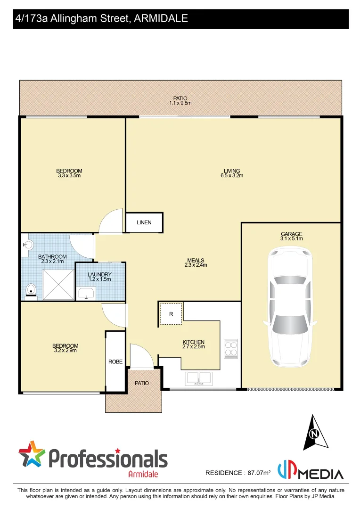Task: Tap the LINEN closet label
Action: click(144, 222)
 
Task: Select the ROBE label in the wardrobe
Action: click(115, 362)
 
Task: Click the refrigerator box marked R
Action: click(171, 314)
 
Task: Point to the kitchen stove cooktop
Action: click(231, 349)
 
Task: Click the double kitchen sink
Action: click(199, 378)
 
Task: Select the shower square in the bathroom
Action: click(58, 284)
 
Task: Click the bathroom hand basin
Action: click(28, 245)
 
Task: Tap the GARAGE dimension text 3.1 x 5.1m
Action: click(291, 238)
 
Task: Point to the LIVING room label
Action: click(232, 171)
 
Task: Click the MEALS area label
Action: click(196, 260)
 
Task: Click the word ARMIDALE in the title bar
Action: click(161, 18)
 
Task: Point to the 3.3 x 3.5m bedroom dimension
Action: click(69, 176)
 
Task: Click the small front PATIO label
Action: click(142, 383)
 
